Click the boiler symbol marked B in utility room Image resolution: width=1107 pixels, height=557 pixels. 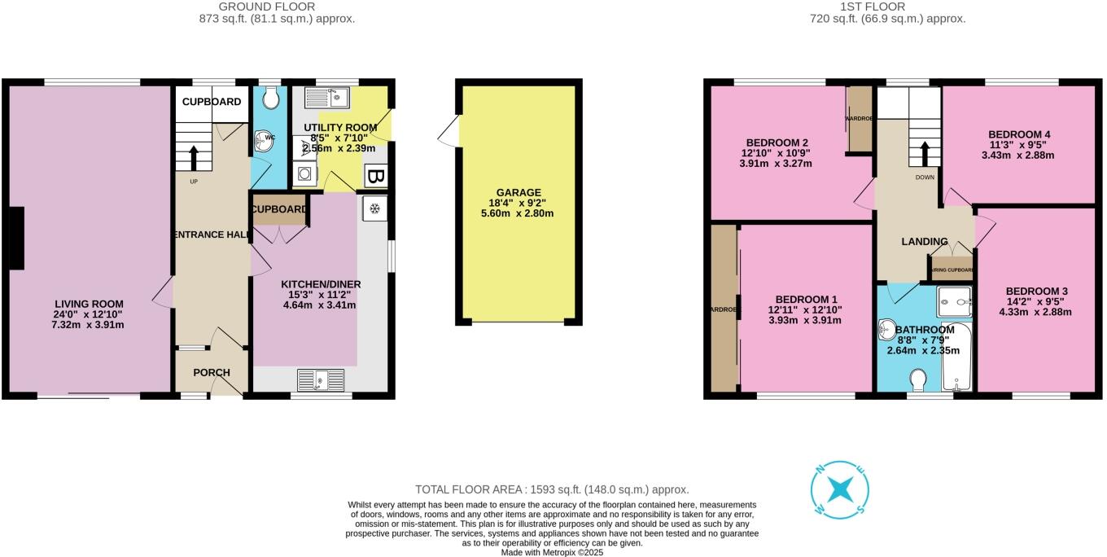coord(376,176)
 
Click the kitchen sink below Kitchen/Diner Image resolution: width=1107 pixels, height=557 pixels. coord(322,379)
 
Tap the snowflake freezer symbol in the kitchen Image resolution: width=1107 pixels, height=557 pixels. coord(374,208)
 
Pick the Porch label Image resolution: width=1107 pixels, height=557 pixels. coord(211,372)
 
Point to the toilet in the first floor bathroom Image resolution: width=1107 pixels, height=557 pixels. coord(917,381)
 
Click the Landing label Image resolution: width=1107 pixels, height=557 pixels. coord(925,241)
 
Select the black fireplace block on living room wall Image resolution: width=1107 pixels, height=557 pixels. coord(15,238)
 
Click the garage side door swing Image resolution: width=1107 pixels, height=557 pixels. coord(448,131)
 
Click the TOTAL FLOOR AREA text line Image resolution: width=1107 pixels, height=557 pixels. coord(552,489)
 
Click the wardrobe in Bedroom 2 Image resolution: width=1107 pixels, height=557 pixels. coord(859,119)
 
